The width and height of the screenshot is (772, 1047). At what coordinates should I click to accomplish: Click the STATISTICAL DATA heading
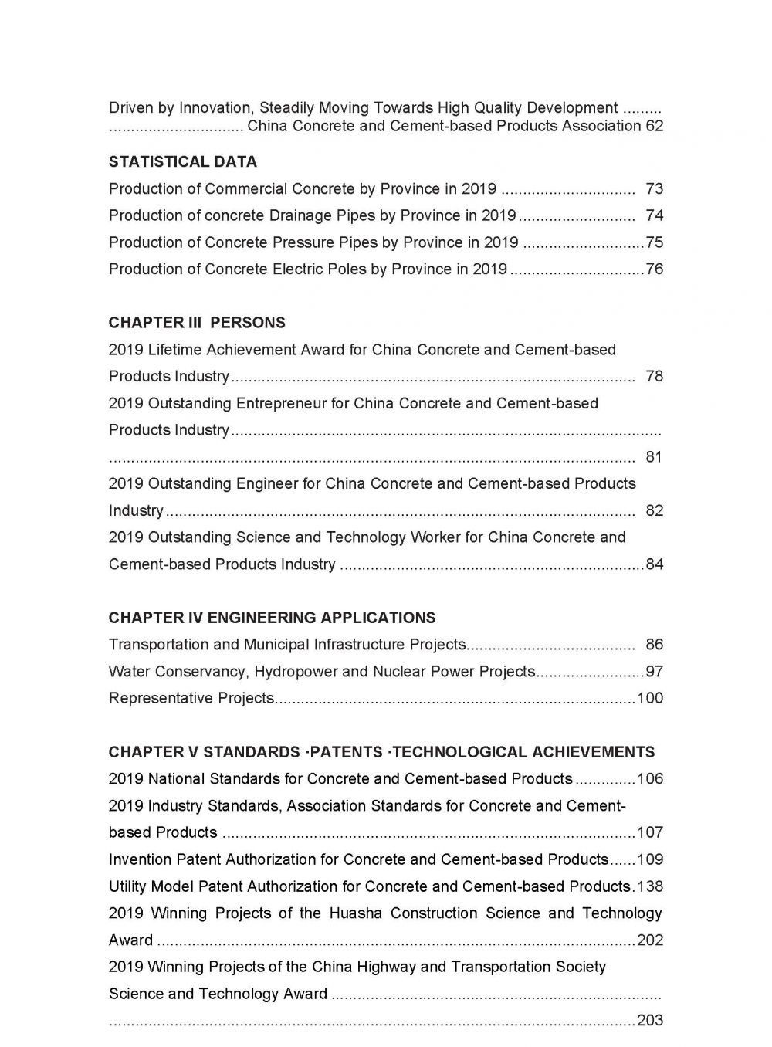click(x=182, y=162)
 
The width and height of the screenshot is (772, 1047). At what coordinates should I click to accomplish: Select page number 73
click(x=654, y=189)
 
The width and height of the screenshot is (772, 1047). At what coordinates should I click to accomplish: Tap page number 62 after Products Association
click(x=654, y=126)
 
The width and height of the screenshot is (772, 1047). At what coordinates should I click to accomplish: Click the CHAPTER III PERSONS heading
click(x=197, y=323)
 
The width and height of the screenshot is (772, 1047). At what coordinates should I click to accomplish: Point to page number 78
click(x=654, y=377)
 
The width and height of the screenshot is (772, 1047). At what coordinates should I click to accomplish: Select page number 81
click(x=654, y=457)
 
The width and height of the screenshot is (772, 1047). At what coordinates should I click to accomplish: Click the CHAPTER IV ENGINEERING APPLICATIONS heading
click(x=272, y=618)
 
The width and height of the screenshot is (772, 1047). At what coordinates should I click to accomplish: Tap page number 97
click(x=654, y=672)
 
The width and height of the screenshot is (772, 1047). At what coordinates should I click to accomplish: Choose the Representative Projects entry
click(x=191, y=699)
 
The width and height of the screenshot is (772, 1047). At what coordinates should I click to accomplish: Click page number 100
click(x=650, y=699)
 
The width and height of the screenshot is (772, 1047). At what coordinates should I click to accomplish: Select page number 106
click(x=650, y=779)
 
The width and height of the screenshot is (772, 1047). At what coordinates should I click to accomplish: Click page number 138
click(x=650, y=886)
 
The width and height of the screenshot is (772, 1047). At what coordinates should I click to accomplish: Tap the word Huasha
click(x=355, y=913)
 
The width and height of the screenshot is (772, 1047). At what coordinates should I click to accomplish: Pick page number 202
click(x=650, y=940)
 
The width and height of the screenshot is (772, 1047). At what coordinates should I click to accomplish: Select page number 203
click(x=650, y=1021)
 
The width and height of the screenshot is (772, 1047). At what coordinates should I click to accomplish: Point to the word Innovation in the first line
click(x=215, y=108)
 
